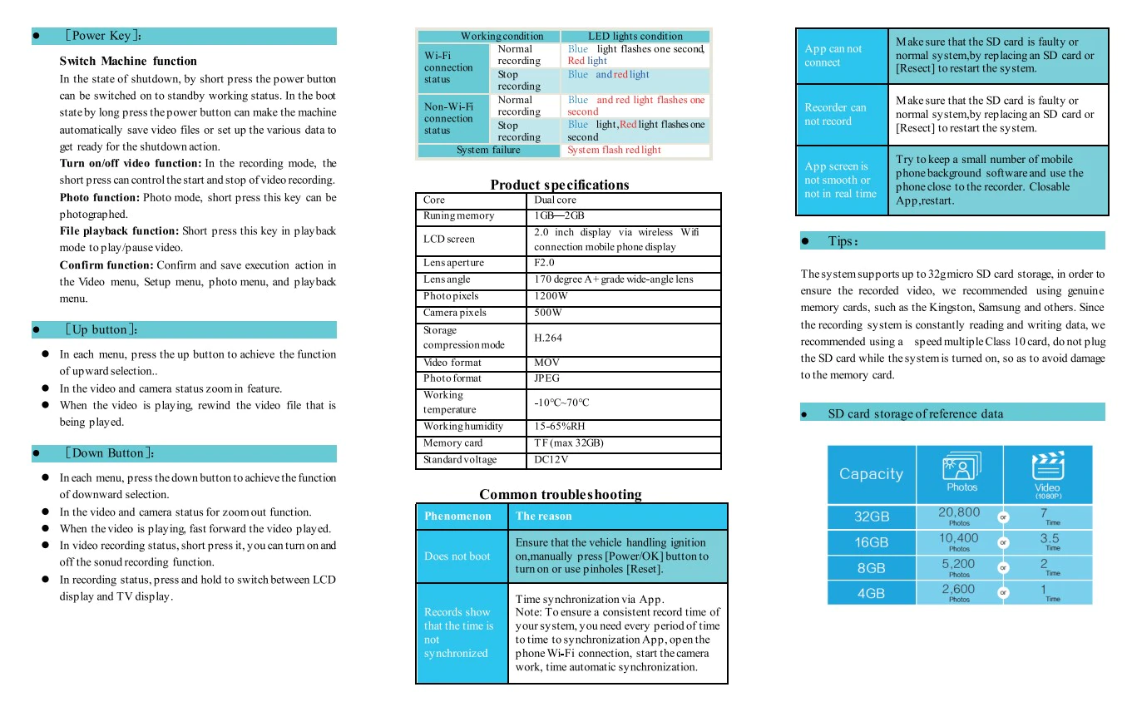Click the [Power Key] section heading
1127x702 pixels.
click(x=104, y=36)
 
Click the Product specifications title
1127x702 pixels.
click(x=559, y=185)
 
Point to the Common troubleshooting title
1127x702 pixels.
click(x=561, y=494)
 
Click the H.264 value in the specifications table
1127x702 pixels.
click(x=548, y=339)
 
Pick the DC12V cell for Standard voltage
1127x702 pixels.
click(x=551, y=460)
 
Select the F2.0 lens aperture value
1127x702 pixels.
click(x=544, y=263)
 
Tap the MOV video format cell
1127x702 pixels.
click(x=546, y=363)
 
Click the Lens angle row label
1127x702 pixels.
click(x=447, y=279)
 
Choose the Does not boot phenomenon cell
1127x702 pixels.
click(x=457, y=556)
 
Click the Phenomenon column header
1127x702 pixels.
click(x=457, y=516)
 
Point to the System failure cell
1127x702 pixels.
click(x=488, y=151)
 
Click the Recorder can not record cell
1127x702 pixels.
click(x=835, y=114)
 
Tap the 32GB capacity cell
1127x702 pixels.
click(x=872, y=517)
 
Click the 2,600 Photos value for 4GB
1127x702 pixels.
click(x=959, y=592)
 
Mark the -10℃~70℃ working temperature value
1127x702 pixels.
click(x=561, y=403)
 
